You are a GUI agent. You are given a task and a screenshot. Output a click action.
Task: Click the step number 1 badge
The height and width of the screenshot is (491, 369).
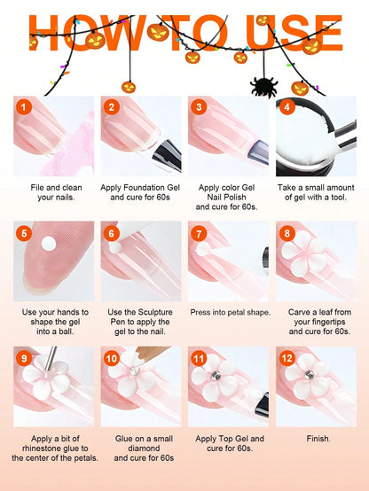[x=24, y=107]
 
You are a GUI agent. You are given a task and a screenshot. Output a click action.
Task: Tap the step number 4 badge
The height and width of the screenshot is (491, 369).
[x=287, y=107]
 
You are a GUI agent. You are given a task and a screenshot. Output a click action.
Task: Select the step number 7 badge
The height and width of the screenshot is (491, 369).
[x=199, y=234]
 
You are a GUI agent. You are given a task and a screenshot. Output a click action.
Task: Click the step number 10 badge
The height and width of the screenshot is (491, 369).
[x=112, y=358]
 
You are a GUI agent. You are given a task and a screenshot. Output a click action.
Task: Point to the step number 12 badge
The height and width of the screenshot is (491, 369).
[x=287, y=358]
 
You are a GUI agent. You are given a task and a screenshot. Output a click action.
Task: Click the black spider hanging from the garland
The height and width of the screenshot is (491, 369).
[x=264, y=87]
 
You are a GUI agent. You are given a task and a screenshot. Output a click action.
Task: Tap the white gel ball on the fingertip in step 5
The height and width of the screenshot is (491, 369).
[x=49, y=244]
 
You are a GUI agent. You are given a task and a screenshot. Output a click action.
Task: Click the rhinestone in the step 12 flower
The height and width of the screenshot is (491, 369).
[x=309, y=374]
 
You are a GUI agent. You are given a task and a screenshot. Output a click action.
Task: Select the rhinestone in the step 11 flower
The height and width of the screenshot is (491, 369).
[x=216, y=376]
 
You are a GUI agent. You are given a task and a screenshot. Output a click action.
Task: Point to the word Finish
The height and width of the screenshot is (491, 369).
[x=318, y=439]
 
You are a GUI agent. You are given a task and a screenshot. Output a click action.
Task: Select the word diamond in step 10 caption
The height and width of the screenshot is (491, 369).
[x=144, y=448]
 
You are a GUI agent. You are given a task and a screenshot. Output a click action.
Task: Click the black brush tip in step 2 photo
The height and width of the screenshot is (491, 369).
[x=168, y=155]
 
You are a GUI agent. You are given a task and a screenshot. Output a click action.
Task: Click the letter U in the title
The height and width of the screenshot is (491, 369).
[x=263, y=33]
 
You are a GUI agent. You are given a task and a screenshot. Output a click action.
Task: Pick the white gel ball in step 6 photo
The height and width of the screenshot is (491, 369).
[x=115, y=247]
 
